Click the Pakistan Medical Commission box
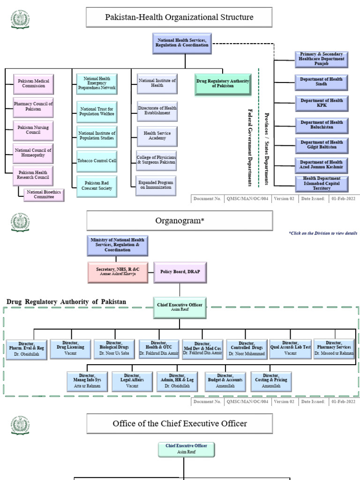33,83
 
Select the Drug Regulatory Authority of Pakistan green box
223,84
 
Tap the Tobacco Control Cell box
97,161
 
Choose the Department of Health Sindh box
322,82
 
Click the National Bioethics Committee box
44,195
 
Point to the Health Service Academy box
157,135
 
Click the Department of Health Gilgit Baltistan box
322,145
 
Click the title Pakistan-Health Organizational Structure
179,17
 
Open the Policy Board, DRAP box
180,272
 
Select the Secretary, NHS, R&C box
118,272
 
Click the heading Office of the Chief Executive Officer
180,423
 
